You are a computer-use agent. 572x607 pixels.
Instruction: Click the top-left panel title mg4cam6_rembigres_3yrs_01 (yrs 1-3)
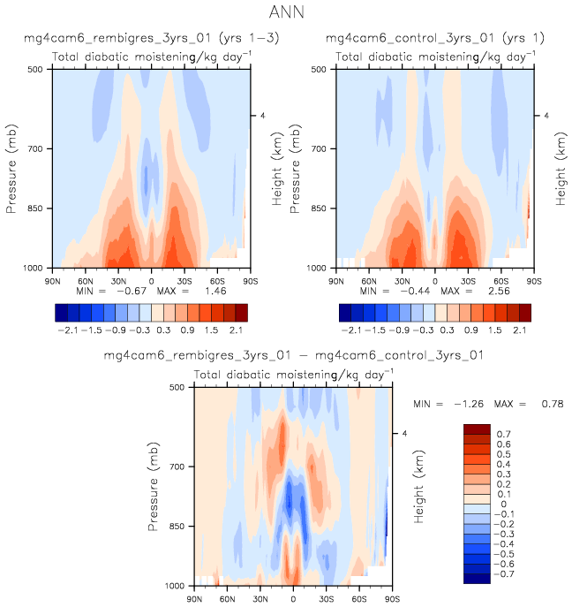(142, 39)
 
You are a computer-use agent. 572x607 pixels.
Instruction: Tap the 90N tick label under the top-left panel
(52, 279)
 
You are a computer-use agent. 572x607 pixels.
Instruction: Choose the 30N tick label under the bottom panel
(260, 597)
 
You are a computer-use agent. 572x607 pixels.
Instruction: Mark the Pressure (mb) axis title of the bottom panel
(152, 487)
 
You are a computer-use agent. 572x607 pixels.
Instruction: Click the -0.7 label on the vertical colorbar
(504, 573)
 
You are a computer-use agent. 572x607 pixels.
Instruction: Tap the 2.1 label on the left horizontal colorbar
(235, 329)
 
